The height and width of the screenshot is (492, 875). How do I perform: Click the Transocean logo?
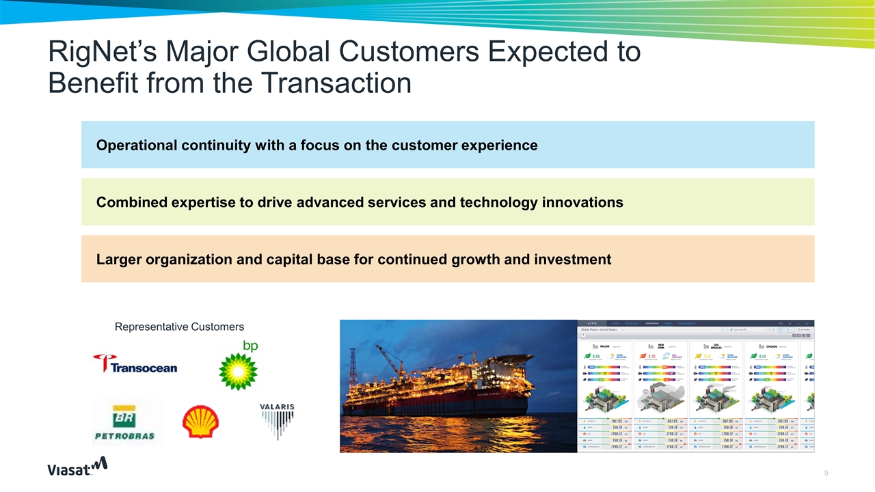pos(135,364)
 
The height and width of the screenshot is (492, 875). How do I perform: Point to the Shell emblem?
pos(201,422)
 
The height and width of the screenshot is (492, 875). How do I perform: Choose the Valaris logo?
pos(277,421)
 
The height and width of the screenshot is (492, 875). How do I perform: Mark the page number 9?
pos(826,473)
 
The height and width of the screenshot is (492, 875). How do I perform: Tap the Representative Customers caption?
pos(179,327)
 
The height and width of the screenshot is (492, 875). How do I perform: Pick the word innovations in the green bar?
pos(581,202)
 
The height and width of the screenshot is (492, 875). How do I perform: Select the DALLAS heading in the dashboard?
pos(604,346)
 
